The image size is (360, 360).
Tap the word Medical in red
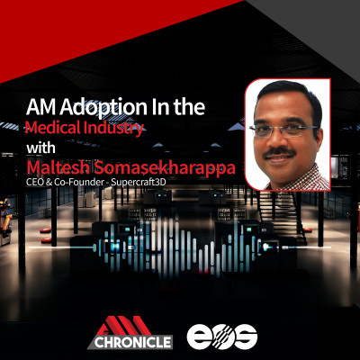tap(53, 128)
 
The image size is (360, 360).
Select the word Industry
tap(113, 129)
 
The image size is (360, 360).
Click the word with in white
tap(40, 148)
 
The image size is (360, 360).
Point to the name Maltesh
tap(58, 167)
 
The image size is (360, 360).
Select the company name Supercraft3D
tap(139, 182)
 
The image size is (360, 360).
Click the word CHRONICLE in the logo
tap(133, 342)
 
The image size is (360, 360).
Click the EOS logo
tap(222, 337)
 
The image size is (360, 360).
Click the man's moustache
tap(279, 153)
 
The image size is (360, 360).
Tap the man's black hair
tap(286, 96)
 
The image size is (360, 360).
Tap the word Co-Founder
tap(79, 182)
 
